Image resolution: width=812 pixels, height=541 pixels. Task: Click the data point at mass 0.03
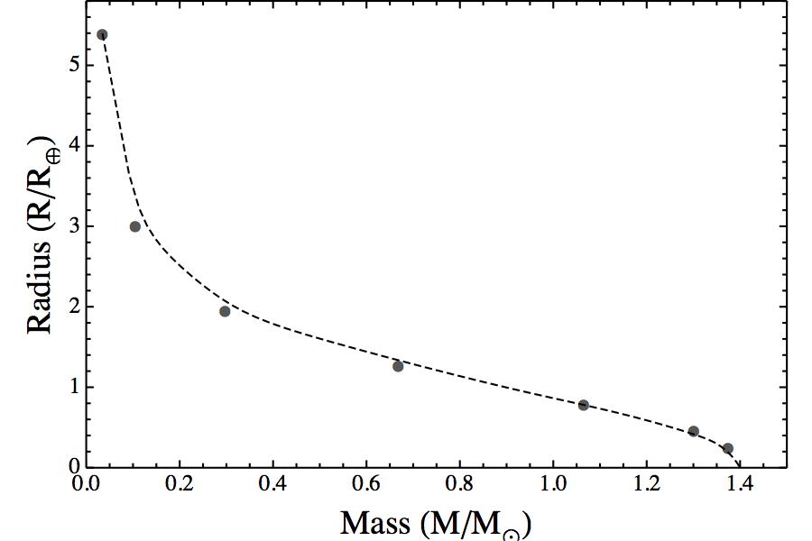tap(102, 35)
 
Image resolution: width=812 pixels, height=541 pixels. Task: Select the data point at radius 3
tap(135, 226)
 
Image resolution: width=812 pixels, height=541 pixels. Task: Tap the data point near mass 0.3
tap(225, 311)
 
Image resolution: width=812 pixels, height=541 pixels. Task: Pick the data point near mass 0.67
tap(398, 366)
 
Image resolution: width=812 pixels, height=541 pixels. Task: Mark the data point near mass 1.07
tap(584, 405)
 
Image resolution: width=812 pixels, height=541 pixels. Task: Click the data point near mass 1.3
tap(694, 431)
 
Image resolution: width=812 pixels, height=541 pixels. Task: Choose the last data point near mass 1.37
tap(728, 448)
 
